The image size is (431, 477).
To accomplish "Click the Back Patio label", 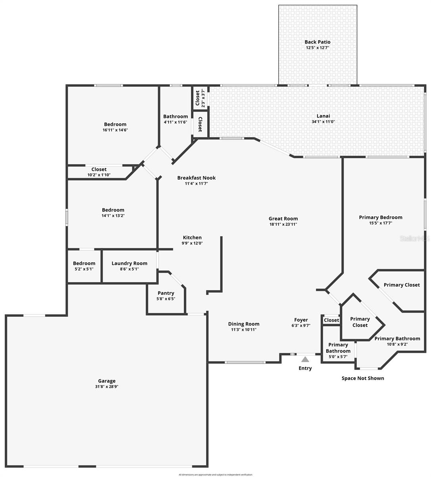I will (x=317, y=42).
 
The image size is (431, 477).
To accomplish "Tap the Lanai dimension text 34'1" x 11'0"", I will (x=323, y=122).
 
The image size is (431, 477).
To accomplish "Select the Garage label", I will (x=107, y=381).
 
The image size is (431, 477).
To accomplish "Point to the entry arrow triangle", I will (x=305, y=359).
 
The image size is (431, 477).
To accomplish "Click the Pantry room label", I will (x=165, y=293).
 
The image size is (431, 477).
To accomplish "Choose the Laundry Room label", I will (x=129, y=263).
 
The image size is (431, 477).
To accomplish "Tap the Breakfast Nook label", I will (x=196, y=178).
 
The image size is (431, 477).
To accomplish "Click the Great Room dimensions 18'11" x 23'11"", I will (x=283, y=224).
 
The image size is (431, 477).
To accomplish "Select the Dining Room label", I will (x=244, y=324).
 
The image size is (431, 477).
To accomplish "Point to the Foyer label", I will (x=301, y=320).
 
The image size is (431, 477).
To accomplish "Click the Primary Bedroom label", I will (x=381, y=217).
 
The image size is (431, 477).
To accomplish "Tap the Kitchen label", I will (x=192, y=237).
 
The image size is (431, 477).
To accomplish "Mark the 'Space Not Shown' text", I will (x=363, y=378).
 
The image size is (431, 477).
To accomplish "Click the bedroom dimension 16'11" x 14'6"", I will (x=115, y=130).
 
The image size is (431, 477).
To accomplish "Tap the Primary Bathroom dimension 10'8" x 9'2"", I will (x=397, y=344).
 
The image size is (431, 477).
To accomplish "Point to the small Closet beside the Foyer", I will (x=331, y=320).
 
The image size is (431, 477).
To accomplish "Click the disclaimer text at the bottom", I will (x=215, y=475).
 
